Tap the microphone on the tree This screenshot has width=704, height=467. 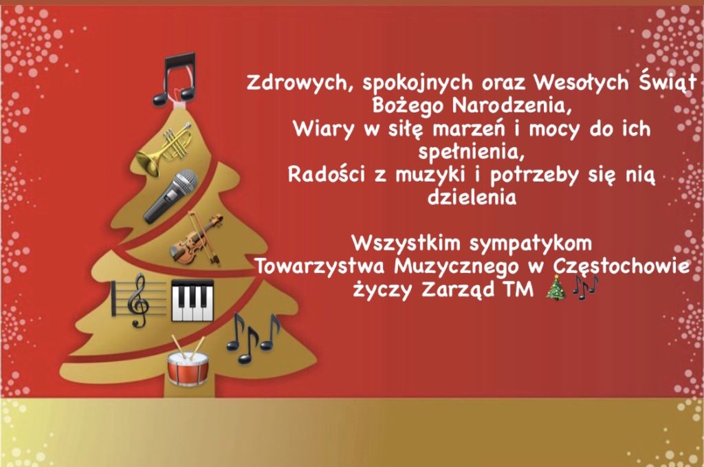click(x=171, y=196)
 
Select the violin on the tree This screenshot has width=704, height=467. click(x=196, y=238)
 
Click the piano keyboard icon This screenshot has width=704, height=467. click(x=192, y=301)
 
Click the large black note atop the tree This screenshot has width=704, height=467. click(x=175, y=80)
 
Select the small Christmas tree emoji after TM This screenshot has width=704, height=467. click(x=556, y=287)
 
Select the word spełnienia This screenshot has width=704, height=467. click(x=472, y=153)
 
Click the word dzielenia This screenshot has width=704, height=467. click(x=472, y=197)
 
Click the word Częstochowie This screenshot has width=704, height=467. click(x=621, y=267)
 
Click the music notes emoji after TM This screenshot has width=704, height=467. click(x=586, y=287)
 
